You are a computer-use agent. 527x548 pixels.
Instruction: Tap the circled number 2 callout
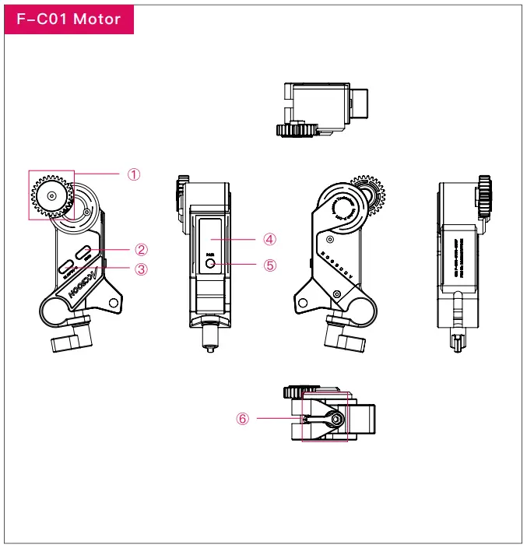tap(141, 250)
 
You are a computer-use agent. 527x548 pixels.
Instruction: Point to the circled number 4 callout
tap(270, 238)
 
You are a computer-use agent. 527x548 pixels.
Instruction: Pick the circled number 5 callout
tap(270, 265)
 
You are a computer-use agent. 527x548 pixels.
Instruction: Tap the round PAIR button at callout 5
tap(211, 264)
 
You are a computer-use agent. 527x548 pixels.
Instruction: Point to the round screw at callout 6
tap(336, 419)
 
